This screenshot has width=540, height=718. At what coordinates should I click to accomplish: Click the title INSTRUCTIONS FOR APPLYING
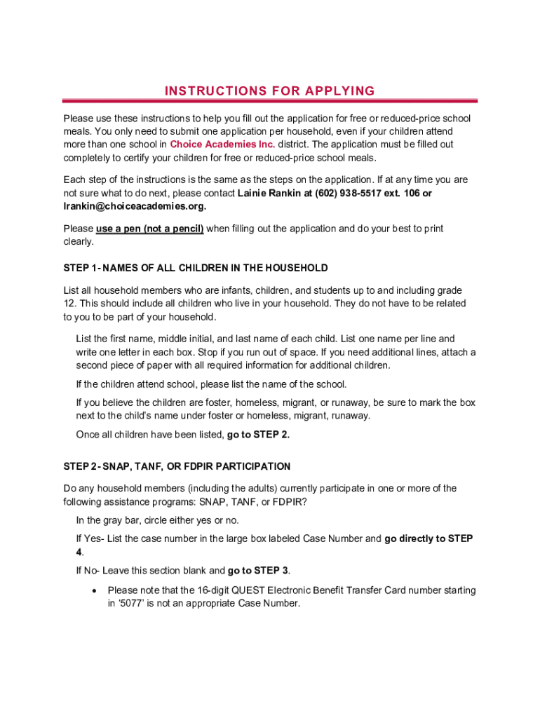pos(269,91)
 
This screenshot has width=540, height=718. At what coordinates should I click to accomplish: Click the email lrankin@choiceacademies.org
pos(135,206)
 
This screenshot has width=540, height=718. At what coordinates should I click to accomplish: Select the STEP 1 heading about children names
pos(196,268)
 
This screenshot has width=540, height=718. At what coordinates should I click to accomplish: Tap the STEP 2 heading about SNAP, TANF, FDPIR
pos(177,466)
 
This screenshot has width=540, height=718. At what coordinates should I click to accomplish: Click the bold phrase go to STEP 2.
pos(258,435)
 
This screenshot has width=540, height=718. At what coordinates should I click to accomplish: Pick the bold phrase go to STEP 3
pos(258,570)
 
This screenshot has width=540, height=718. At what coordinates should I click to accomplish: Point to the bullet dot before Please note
pos(93,590)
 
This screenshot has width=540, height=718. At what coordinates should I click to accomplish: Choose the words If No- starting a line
pos(88,570)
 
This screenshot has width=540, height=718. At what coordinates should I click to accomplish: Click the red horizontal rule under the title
pos(269,102)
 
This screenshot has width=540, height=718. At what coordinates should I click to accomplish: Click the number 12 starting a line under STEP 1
pos(69,304)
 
